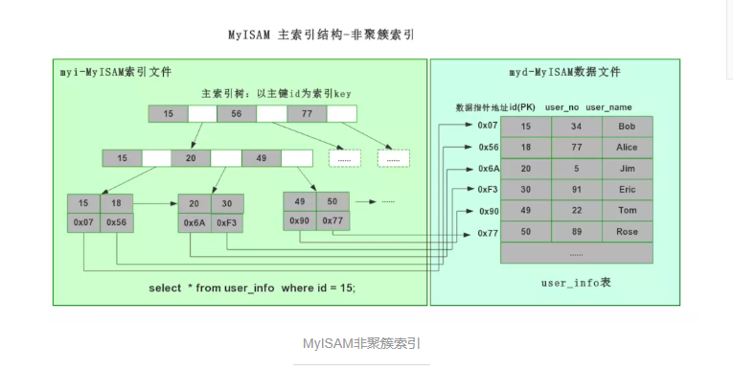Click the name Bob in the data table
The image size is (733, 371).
click(627, 127)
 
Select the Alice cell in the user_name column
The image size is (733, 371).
click(627, 148)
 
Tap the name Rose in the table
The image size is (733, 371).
click(627, 232)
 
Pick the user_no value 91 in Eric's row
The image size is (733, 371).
click(576, 190)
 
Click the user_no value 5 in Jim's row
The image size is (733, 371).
click(576, 169)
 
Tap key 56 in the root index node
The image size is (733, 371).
click(237, 114)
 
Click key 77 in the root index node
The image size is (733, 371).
click(307, 114)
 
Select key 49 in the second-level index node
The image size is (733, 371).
click(261, 157)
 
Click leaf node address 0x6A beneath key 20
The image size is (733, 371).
click(194, 222)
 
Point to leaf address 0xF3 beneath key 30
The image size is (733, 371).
click(227, 222)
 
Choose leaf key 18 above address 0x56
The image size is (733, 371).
click(116, 203)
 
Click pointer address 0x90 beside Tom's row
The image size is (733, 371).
click(488, 211)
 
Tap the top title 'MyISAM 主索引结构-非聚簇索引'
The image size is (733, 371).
click(321, 34)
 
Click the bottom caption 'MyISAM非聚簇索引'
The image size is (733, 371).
click(361, 343)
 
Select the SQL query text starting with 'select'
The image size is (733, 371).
click(252, 288)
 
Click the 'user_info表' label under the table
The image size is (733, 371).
click(576, 284)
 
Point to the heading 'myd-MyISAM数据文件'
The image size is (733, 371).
click(563, 72)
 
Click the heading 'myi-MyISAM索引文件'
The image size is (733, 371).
click(115, 72)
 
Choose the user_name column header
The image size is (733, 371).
click(608, 106)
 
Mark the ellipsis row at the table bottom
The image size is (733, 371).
click(576, 253)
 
